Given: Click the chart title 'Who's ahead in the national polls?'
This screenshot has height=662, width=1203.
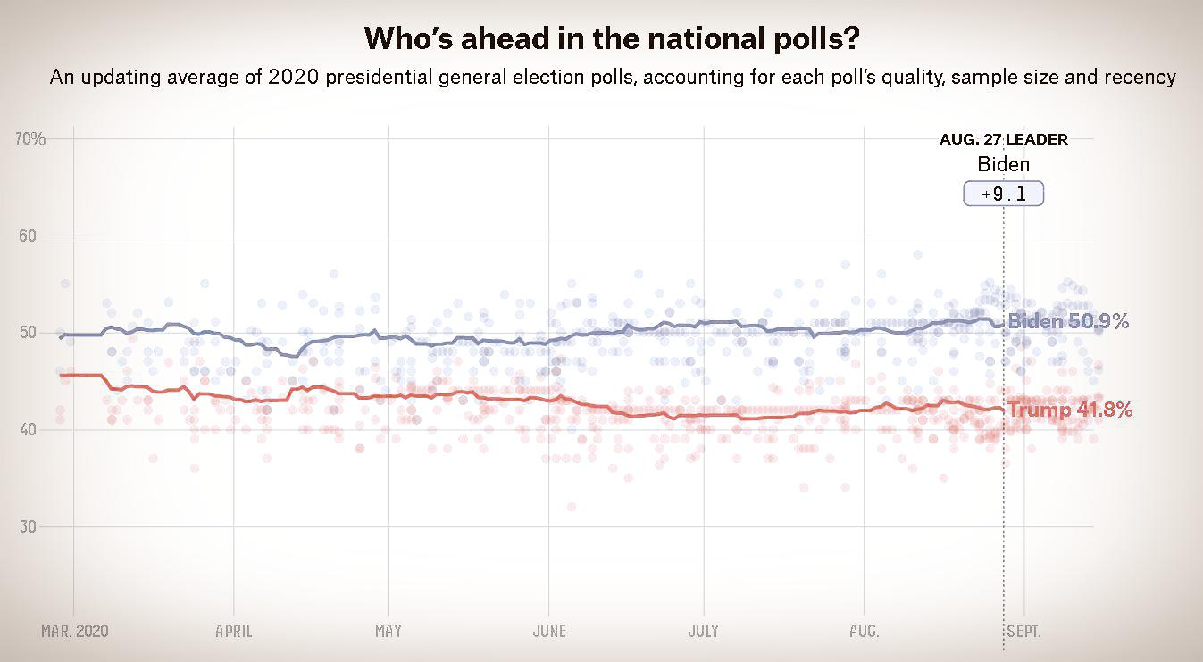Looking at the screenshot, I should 612,38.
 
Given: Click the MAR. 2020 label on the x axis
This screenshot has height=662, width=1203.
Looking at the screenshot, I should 75,631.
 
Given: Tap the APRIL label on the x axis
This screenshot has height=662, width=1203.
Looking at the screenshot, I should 234,631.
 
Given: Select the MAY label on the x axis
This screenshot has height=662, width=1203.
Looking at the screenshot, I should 388,631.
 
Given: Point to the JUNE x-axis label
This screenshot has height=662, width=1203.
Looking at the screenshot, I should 549,631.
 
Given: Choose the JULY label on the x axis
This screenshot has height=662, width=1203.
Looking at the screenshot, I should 704,631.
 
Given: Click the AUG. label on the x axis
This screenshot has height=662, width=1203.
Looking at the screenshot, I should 865,631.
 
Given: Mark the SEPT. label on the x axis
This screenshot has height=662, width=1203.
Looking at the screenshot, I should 1023,631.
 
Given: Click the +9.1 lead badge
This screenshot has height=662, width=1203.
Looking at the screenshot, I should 1003,193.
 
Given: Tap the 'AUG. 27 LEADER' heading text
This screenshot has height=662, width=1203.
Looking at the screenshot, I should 1003,139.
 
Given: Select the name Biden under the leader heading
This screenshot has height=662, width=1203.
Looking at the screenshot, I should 1003,164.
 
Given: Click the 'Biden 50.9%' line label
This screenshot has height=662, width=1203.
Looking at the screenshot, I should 1070,322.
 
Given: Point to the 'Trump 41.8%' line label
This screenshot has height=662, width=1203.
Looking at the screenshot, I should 1070,410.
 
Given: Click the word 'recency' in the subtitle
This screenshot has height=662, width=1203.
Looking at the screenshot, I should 1142,78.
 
